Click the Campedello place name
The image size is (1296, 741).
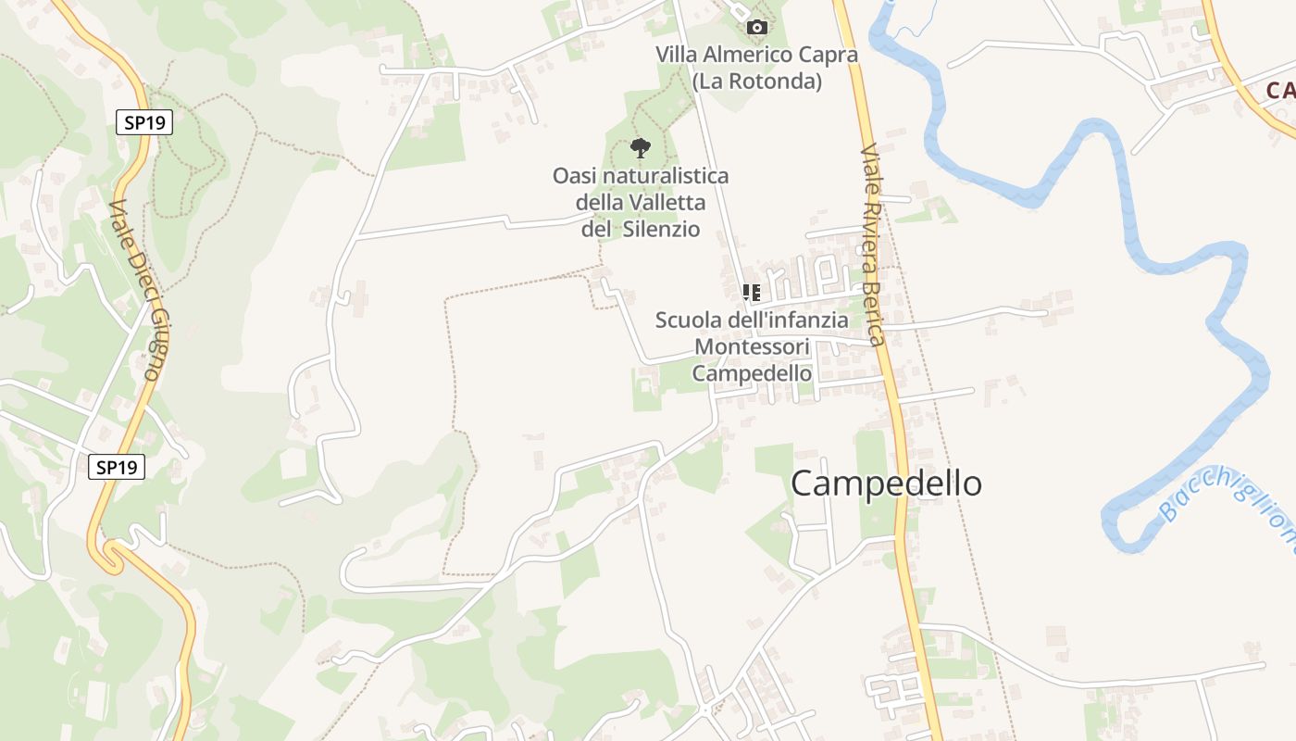click(x=886, y=484)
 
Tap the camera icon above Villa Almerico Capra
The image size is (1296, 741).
click(x=757, y=27)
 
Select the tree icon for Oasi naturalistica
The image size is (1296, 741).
click(x=640, y=147)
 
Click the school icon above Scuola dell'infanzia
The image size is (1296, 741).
click(x=752, y=294)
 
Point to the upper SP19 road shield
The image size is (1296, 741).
click(x=144, y=122)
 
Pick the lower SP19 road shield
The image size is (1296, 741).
click(x=117, y=467)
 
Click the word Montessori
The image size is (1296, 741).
click(x=752, y=347)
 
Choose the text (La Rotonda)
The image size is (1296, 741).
click(x=756, y=82)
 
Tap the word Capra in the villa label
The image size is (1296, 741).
click(x=831, y=55)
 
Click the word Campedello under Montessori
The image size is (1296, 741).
click(x=752, y=373)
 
